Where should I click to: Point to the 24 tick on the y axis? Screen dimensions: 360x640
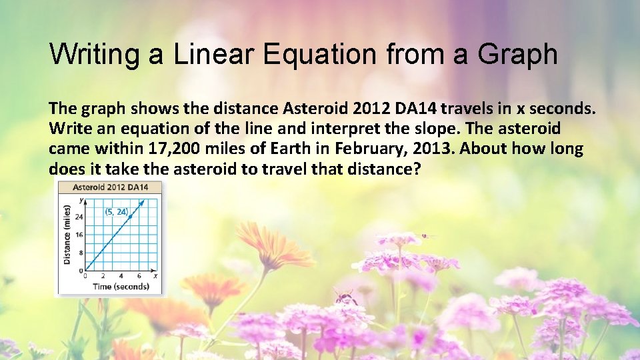(x=80, y=217)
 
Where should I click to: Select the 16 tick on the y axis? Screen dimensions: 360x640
(x=80, y=235)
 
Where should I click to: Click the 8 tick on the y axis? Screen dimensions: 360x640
(x=81, y=253)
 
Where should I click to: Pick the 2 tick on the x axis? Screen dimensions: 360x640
(x=103, y=276)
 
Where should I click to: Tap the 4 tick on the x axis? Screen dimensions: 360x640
(x=121, y=276)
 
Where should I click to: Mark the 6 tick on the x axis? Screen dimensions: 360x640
(x=139, y=276)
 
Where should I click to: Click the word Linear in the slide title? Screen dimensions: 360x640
(x=215, y=54)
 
